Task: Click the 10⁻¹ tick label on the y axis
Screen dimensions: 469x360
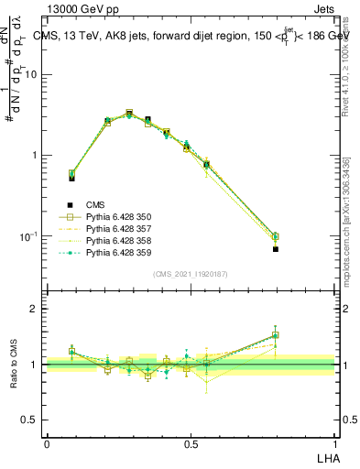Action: point(30,236)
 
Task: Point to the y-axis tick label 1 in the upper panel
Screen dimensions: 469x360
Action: point(36,156)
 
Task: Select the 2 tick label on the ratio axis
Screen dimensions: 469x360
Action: point(36,309)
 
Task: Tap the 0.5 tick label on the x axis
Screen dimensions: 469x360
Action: point(191,444)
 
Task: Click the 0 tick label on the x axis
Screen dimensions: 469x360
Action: point(47,444)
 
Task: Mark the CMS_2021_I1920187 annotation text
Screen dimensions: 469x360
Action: point(191,273)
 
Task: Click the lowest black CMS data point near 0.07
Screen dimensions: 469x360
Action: point(276,248)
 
